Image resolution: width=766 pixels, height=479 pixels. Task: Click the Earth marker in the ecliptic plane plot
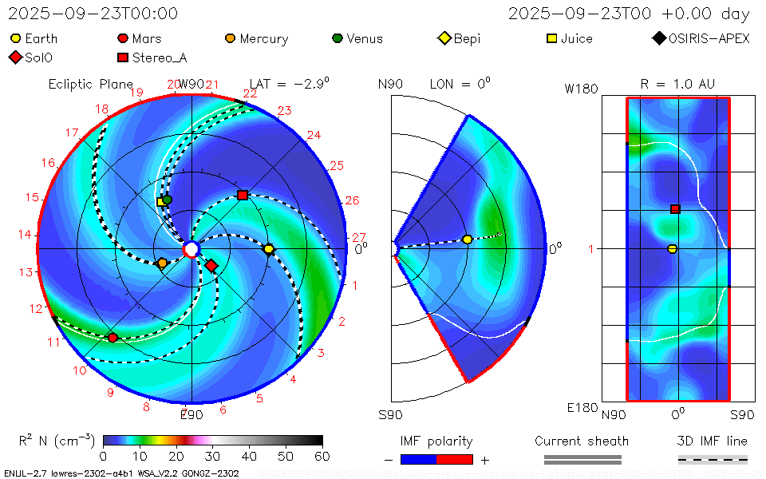pos(269,249)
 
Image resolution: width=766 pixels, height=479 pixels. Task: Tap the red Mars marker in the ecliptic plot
pos(113,338)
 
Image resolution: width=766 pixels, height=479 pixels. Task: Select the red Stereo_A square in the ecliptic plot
pos(243,196)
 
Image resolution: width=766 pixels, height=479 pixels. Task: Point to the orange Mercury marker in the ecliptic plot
pos(163,263)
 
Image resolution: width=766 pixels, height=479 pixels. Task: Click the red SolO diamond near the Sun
pos(211,265)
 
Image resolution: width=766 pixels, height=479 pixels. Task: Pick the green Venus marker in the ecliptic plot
pos(168,200)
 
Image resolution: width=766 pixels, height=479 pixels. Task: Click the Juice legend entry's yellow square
pos(551,38)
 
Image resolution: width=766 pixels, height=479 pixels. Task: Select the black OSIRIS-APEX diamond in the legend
pos(658,38)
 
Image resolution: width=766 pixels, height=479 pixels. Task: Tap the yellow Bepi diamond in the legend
pos(444,38)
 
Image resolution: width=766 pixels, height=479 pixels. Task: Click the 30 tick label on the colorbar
pos(212,456)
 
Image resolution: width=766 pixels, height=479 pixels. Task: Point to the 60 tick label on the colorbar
pos(322,456)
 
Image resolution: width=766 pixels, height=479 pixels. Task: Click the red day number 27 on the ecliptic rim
pos(359,238)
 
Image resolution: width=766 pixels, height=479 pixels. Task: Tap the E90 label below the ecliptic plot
pos(191,414)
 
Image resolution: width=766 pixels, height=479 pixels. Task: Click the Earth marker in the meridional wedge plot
pos(468,239)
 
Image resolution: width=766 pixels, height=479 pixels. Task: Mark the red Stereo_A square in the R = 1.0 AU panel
pos(675,209)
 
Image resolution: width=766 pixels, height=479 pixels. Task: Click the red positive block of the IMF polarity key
pos(455,459)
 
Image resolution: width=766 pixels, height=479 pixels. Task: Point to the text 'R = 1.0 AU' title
pos(677,84)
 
